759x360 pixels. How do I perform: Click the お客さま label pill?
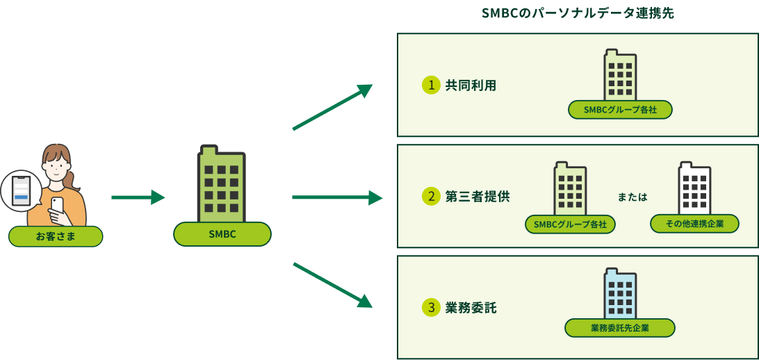tap(56, 237)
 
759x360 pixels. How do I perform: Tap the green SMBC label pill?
tap(222, 234)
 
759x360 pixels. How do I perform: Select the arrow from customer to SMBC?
tap(138, 197)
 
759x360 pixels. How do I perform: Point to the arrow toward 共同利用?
tap(332, 107)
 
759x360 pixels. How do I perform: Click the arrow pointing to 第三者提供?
tap(336, 197)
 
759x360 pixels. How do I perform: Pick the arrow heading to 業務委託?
tap(332, 284)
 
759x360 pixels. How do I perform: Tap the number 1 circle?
tap(432, 85)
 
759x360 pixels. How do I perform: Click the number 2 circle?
tap(432, 197)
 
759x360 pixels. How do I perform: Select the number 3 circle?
tap(432, 307)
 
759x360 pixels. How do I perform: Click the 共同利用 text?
tap(471, 85)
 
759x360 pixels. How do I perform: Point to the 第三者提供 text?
tap(477, 197)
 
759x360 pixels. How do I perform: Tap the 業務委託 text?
tap(471, 307)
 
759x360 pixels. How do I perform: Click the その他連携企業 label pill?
tap(694, 224)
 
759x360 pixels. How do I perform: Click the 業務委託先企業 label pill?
tap(620, 328)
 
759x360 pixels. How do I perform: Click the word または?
tap(632, 197)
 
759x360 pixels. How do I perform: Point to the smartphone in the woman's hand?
tap(57, 206)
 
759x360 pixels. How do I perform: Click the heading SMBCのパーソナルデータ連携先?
tap(578, 13)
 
